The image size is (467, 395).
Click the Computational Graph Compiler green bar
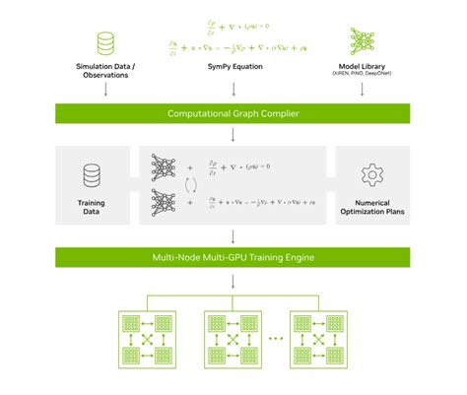[233, 114]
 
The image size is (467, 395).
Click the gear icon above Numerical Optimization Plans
[371, 175]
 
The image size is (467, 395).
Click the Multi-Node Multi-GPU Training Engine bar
[233, 258]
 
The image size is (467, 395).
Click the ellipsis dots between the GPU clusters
[274, 340]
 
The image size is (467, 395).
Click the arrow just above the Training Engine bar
[233, 237]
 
